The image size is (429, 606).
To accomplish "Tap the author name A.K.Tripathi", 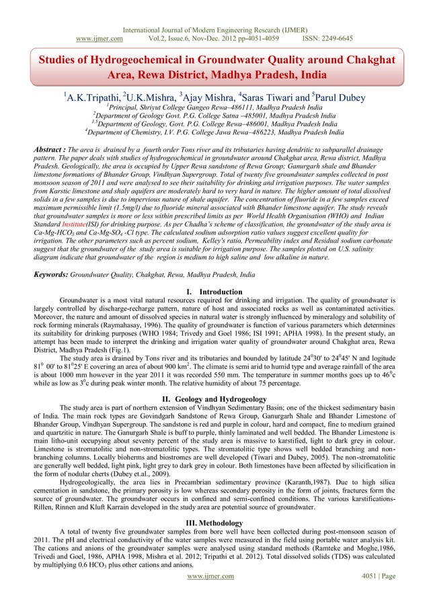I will point(91,98).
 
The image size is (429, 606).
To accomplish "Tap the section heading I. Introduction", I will point(214,292).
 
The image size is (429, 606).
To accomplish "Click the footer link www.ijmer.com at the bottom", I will point(214,595).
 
